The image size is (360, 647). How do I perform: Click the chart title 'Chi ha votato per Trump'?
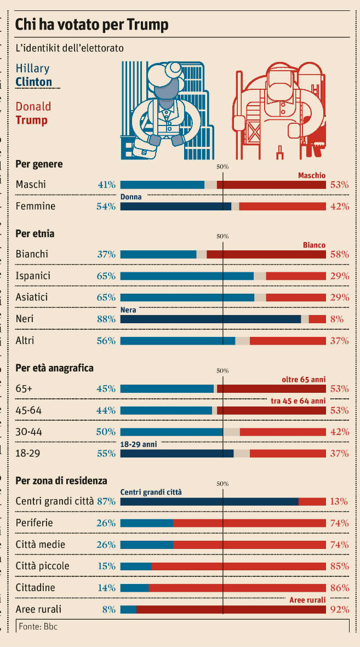click(x=92, y=25)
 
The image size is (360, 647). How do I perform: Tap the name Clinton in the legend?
click(x=34, y=82)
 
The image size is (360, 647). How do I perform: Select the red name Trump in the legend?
click(x=31, y=120)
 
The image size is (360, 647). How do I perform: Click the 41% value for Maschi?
click(x=106, y=185)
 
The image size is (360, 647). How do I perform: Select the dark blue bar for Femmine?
click(x=175, y=207)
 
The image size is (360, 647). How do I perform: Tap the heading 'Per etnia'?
click(x=35, y=234)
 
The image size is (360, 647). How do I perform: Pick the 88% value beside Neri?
click(x=106, y=319)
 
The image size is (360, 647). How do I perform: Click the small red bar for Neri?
click(x=318, y=319)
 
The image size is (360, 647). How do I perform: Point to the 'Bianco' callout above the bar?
click(x=314, y=245)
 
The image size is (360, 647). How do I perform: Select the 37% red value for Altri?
click(x=340, y=341)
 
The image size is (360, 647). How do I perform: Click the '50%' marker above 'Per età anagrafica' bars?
click(x=222, y=371)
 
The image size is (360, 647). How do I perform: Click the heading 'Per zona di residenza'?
click(x=61, y=480)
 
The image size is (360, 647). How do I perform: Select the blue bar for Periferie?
click(x=146, y=523)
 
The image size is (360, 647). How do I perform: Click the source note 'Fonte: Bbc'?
click(x=38, y=626)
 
